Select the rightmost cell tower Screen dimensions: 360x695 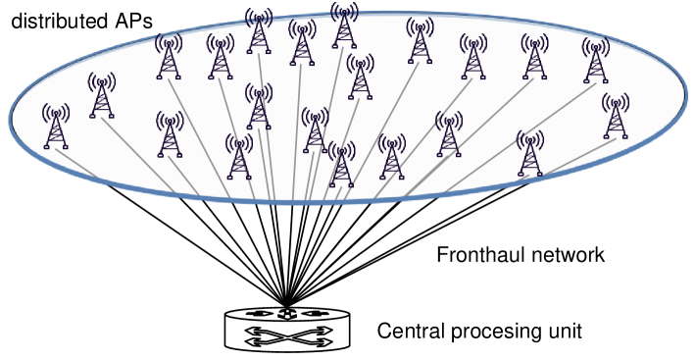tap(616, 117)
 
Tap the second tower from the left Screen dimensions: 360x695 tap(102, 96)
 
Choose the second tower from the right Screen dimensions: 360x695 tap(596, 61)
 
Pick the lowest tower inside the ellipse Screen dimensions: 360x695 tap(341, 165)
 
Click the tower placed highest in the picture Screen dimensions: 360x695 tap(344, 25)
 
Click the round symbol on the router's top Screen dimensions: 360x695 tap(286, 314)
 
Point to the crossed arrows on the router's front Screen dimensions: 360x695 tap(286, 335)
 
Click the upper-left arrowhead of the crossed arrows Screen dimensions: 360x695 tap(253, 331)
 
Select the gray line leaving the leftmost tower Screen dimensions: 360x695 tap(78, 164)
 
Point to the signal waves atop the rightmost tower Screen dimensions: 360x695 tap(616, 101)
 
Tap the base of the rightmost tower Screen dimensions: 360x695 tap(616, 136)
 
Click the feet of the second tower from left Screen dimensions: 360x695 tap(102, 116)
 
